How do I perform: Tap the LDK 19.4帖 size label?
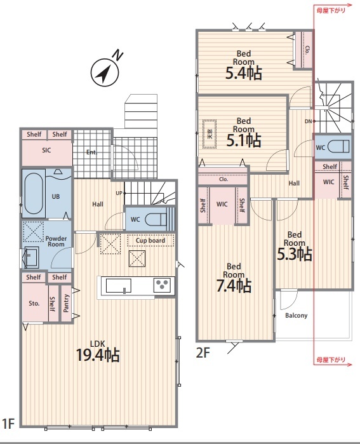[x=98, y=355]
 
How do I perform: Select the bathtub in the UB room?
[x=34, y=194]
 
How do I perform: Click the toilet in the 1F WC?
[x=156, y=219]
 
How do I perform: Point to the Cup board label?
[x=150, y=240]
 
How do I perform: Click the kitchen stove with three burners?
[x=162, y=285]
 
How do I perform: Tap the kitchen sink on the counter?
[x=119, y=286]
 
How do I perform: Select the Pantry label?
[x=66, y=303]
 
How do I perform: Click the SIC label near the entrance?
[x=46, y=150]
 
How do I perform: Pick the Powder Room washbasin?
[x=31, y=257]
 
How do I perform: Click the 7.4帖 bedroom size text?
[x=234, y=285]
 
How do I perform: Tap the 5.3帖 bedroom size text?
[x=295, y=253]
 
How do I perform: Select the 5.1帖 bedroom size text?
[x=244, y=140]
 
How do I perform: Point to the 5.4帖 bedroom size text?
[x=244, y=73]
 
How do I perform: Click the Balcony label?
[x=297, y=316]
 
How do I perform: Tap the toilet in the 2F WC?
[x=338, y=147]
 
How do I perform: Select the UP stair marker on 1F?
[x=119, y=193]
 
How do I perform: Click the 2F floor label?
[x=203, y=353]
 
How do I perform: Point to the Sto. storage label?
[x=34, y=303]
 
